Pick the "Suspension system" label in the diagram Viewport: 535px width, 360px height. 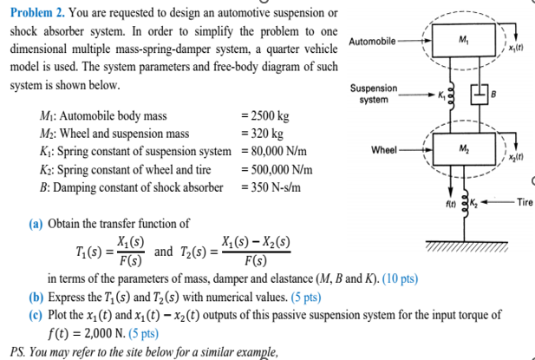[374, 95]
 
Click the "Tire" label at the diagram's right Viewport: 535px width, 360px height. [523, 203]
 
